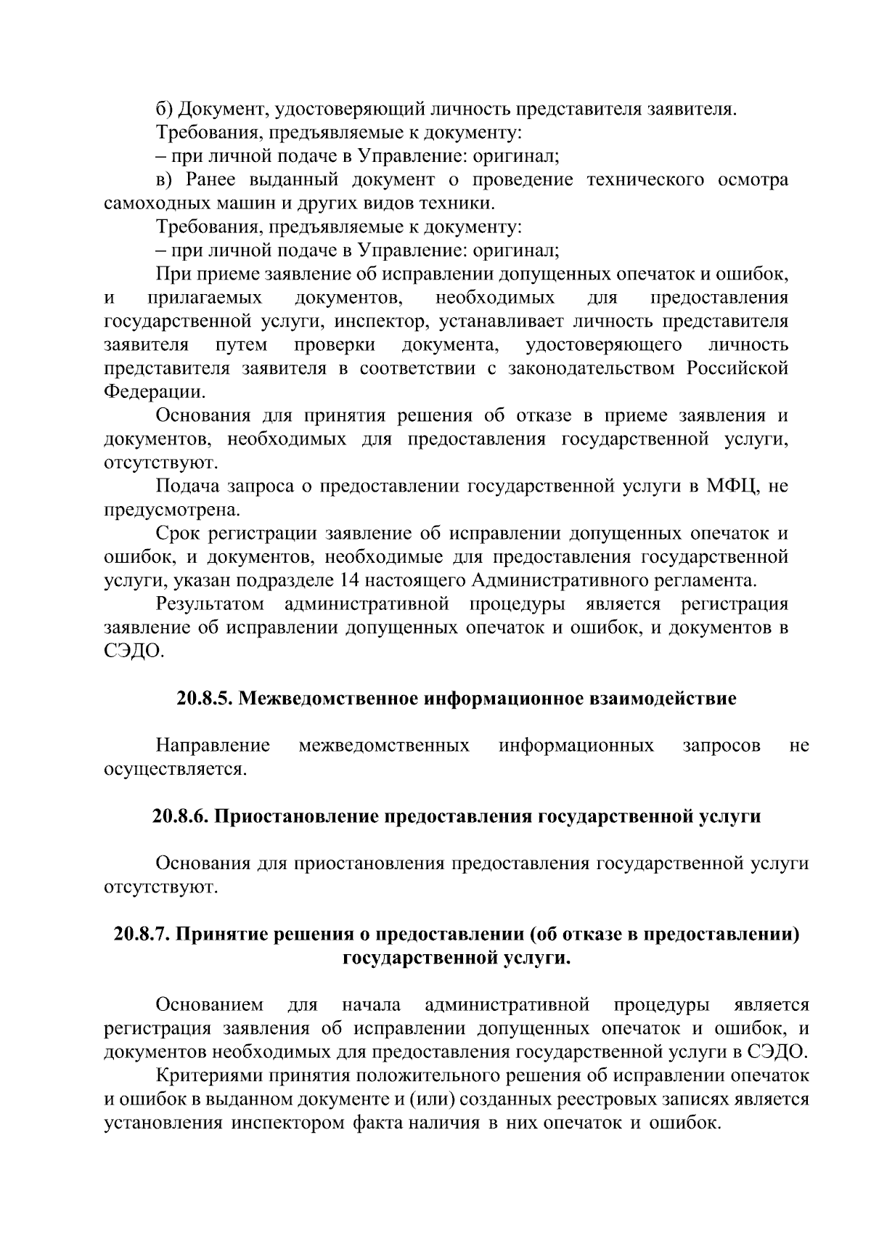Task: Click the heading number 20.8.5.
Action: [x=205, y=699]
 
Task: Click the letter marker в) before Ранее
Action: [x=166, y=179]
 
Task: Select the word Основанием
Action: [x=210, y=1005]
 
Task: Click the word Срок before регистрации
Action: [x=177, y=534]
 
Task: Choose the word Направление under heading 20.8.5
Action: [x=213, y=745]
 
